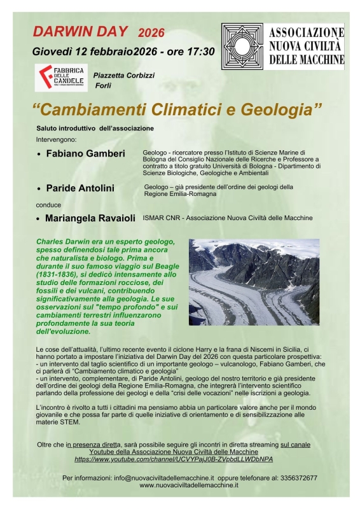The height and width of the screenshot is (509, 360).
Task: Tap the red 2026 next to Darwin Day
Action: [151, 32]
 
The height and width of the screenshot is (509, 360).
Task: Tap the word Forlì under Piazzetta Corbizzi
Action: [103, 85]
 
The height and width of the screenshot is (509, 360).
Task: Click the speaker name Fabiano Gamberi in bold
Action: [85, 154]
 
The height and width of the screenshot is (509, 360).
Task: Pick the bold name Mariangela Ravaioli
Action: [90, 218]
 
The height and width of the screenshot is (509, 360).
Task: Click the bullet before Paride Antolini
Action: [39, 189]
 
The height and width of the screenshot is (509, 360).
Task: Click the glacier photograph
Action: [254, 281]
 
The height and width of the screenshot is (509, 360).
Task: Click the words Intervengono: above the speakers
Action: [56, 138]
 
